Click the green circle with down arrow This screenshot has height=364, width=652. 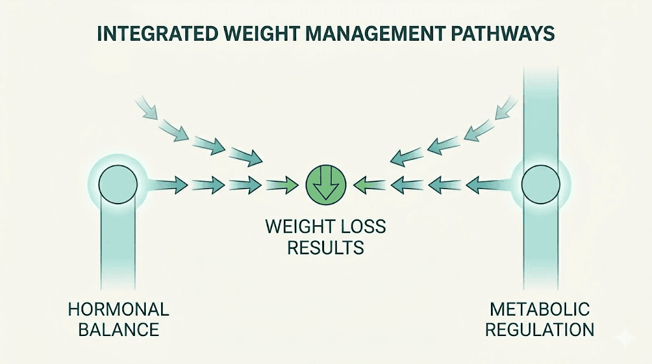pyautogui.click(x=325, y=185)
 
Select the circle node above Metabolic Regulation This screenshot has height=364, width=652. pyautogui.click(x=541, y=185)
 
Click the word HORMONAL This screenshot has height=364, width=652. pyautogui.click(x=118, y=310)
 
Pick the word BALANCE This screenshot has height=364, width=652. pyautogui.click(x=118, y=330)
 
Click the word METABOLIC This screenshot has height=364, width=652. pyautogui.click(x=541, y=310)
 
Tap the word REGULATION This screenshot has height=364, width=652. pyautogui.click(x=541, y=330)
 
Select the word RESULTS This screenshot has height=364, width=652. pyautogui.click(x=325, y=247)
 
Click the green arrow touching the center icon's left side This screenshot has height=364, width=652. pyautogui.click(x=282, y=186)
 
